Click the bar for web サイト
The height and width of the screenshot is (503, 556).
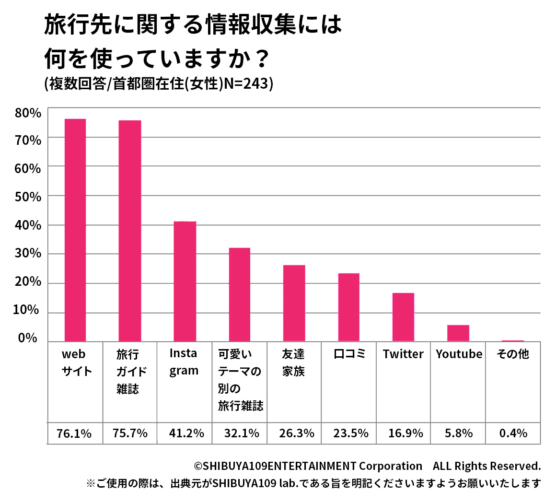[x=75, y=230]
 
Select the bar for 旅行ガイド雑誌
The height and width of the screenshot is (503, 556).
[x=130, y=231]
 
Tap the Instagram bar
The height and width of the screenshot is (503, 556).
[x=185, y=281]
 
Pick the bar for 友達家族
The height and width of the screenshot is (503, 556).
[x=294, y=303]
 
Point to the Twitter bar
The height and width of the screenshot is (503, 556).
[x=403, y=317]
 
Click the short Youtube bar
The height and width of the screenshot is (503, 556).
[x=458, y=333]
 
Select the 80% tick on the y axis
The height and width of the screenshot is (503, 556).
[x=28, y=113]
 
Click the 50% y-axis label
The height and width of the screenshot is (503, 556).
[x=28, y=197]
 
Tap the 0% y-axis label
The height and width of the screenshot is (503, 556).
[x=28, y=338]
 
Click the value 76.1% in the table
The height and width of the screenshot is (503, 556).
[x=74, y=433]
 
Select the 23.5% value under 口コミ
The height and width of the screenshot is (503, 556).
[x=351, y=433]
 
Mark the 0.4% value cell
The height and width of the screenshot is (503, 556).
[x=513, y=433]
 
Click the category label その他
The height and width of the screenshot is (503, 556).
[x=513, y=354]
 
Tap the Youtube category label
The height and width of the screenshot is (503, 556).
[x=459, y=354]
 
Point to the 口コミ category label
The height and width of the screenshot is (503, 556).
[x=349, y=354]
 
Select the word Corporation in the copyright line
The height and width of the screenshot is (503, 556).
[x=391, y=466]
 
